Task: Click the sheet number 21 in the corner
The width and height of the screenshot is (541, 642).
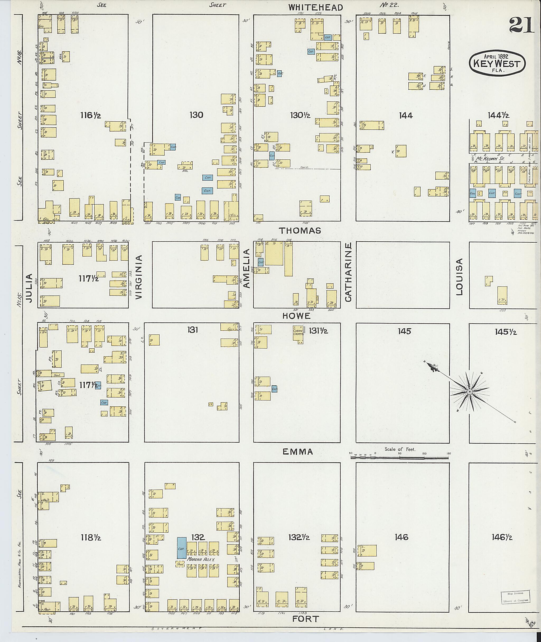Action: click(521, 25)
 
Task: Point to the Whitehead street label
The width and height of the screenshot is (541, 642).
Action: click(316, 8)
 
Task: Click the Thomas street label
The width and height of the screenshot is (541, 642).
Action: click(300, 230)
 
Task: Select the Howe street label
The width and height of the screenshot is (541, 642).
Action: click(296, 316)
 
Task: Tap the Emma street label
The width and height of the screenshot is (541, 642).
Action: click(297, 452)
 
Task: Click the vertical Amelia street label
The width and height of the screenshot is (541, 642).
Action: click(247, 269)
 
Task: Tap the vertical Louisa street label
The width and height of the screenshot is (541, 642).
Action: click(459, 277)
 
